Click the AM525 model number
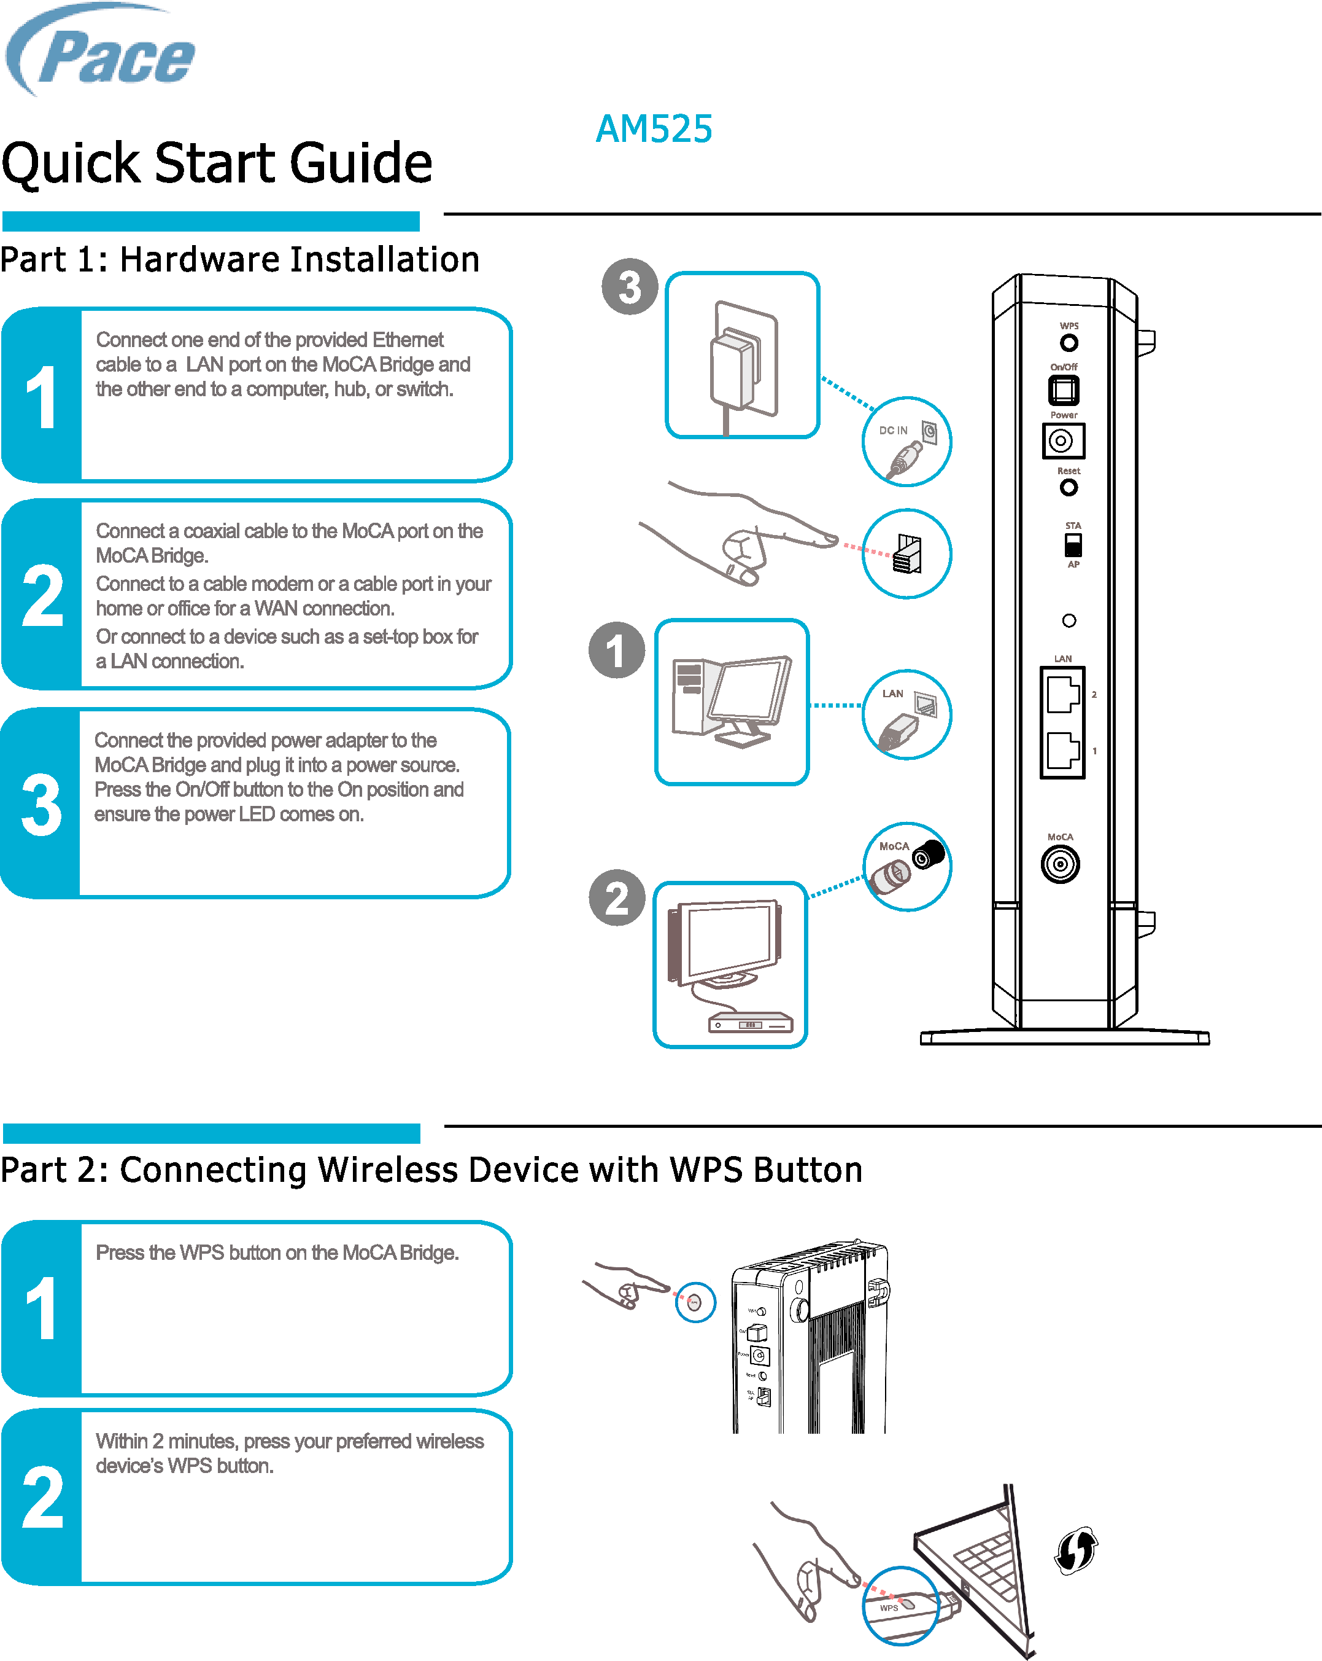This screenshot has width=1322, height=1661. click(654, 128)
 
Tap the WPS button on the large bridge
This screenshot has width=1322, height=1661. click(1069, 343)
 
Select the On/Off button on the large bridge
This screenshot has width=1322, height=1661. click(1063, 391)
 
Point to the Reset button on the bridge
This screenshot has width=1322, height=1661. click(1069, 488)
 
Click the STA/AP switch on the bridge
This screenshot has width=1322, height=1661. click(1073, 545)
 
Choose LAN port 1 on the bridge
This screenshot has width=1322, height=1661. click(1062, 751)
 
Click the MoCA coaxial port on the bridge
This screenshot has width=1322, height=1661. click(1060, 864)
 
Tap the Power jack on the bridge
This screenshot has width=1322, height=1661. click(1062, 440)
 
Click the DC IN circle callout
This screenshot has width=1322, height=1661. click(906, 442)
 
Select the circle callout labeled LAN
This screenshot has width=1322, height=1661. click(906, 715)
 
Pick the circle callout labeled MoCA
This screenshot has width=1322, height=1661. click(906, 867)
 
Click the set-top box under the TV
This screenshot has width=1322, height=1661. click(750, 1024)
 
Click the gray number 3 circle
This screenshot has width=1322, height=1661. click(630, 287)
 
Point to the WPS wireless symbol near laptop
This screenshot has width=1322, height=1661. click(1076, 1550)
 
